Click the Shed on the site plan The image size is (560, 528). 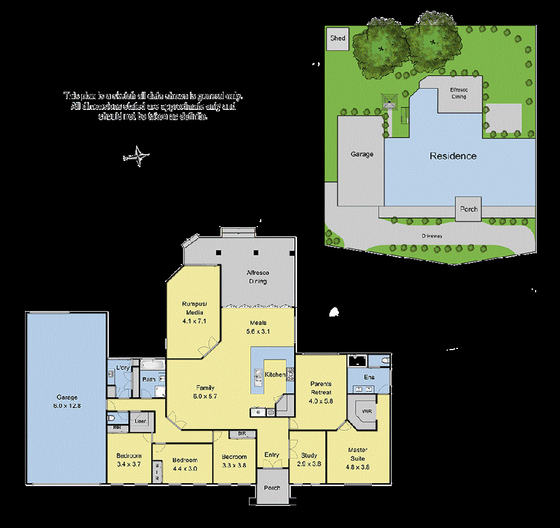tap(338, 39)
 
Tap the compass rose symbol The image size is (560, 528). tap(137, 156)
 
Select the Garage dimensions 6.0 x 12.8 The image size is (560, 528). tap(67, 406)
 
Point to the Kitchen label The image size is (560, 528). tap(275, 374)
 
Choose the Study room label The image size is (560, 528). tap(309, 455)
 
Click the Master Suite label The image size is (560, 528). tap(357, 454)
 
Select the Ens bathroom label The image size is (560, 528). tap(369, 376)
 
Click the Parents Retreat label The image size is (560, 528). tap(321, 388)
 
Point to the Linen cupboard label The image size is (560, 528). tap(139, 421)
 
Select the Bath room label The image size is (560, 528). tap(149, 380)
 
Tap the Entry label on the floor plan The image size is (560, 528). tap(272, 455)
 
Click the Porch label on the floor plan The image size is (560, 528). tap(272, 488)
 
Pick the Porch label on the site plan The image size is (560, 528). tap(469, 209)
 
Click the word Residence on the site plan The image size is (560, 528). tap(453, 156)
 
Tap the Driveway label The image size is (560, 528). tap(432, 235)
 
